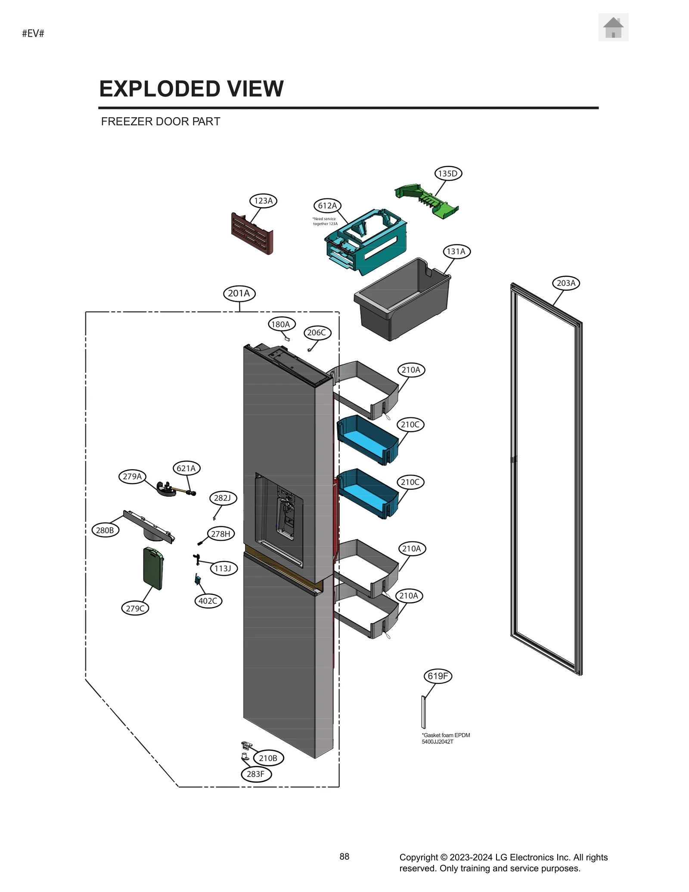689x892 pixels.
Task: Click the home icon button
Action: coord(613,28)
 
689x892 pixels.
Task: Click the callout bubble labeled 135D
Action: coord(447,174)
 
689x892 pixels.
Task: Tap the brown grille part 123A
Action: coord(252,233)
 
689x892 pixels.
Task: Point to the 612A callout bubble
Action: coord(327,206)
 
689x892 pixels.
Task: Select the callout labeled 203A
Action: coord(566,283)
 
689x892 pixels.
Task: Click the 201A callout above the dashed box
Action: coord(239,293)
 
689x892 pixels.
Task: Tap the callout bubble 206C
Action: coord(317,333)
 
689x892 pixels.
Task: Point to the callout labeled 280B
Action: coord(105,530)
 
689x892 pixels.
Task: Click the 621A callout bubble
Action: coord(186,468)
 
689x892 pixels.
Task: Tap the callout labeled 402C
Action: coord(208,601)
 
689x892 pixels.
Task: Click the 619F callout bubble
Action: coord(438,676)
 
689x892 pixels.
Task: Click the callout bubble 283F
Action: coord(256,774)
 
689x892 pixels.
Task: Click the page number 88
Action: coord(344,857)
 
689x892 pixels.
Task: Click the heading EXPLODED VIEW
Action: coord(191,89)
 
